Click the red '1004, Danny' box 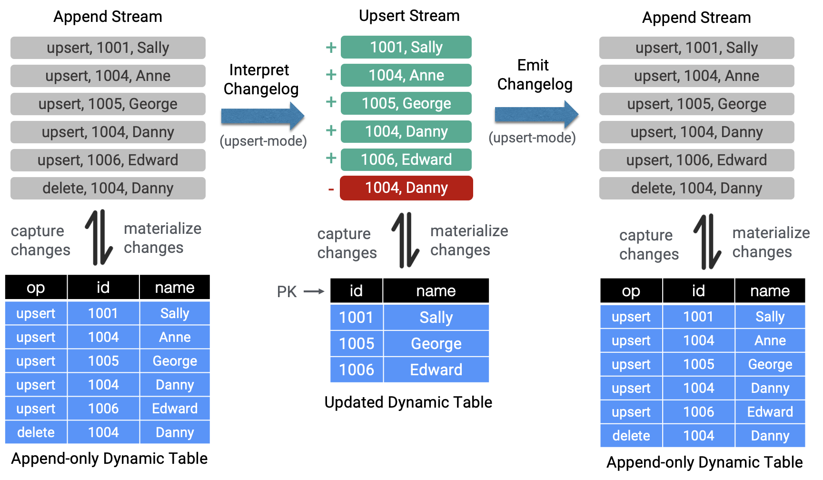[x=406, y=188]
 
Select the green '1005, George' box [x=406, y=103]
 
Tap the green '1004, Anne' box [x=406, y=75]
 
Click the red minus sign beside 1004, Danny [x=331, y=190]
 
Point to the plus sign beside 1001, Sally [x=331, y=47]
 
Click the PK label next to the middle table [x=287, y=291]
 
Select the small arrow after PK [x=314, y=291]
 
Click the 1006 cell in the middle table [x=357, y=370]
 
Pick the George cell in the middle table [x=436, y=344]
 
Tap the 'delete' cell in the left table [x=36, y=432]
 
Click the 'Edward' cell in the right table [x=770, y=412]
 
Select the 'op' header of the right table [x=631, y=291]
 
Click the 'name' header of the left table [x=175, y=288]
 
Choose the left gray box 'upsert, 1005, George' [x=108, y=104]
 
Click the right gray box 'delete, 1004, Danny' [x=696, y=188]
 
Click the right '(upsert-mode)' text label [x=532, y=138]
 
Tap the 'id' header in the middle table [x=356, y=291]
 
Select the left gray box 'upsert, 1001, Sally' [x=108, y=48]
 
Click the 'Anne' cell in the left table [x=175, y=337]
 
